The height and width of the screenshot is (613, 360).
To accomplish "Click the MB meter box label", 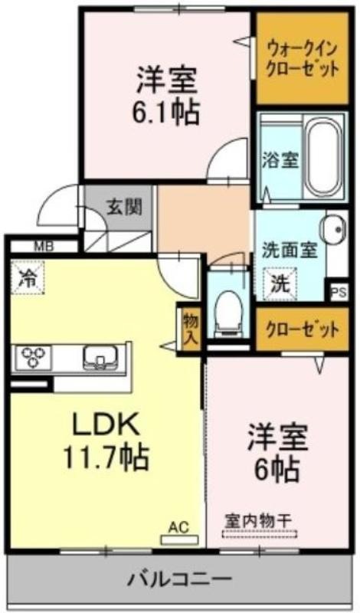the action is pyautogui.click(x=44, y=247).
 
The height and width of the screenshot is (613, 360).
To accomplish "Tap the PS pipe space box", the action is pyautogui.click(x=338, y=293).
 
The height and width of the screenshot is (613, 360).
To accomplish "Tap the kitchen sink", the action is pyautogui.click(x=100, y=358).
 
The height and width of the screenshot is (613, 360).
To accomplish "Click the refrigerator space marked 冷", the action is pyautogui.click(x=28, y=277).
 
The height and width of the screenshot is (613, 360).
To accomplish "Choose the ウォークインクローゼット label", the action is pyautogui.click(x=302, y=59).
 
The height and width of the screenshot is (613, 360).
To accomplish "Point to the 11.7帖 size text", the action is pyautogui.click(x=106, y=457).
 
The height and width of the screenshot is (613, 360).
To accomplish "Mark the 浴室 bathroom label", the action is pyautogui.click(x=280, y=160).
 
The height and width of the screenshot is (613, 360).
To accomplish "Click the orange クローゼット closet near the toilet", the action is pyautogui.click(x=302, y=329).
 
